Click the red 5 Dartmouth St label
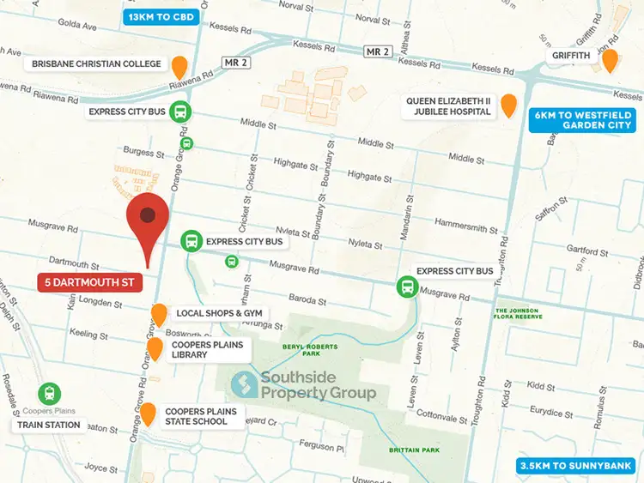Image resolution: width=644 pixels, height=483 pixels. tap(90, 281)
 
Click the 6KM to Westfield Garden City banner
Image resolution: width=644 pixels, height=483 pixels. tap(584, 119)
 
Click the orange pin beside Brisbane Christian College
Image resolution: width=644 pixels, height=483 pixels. tap(179, 66)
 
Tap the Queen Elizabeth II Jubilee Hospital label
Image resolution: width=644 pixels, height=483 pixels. tap(449, 106)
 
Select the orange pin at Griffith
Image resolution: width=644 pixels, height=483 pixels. tap(610, 60)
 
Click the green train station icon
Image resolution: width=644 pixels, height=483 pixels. tap(50, 395)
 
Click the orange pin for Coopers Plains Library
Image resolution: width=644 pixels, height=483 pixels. tap(155, 348)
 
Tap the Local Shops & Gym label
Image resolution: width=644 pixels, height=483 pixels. tap(218, 313)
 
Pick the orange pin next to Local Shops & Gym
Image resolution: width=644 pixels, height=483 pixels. tap(159, 315)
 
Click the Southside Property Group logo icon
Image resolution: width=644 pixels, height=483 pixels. tap(244, 385)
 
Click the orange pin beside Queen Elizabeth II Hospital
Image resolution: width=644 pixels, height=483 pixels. tap(509, 105)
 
